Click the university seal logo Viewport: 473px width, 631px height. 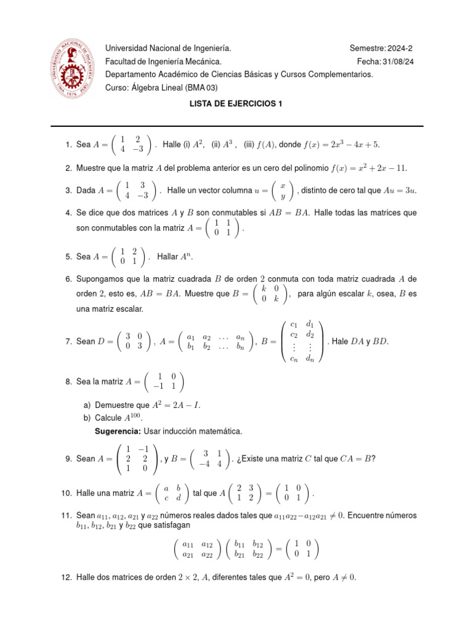coord(73,68)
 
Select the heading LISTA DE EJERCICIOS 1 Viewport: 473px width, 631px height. coord(236,104)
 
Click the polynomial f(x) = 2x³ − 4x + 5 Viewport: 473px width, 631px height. coord(341,144)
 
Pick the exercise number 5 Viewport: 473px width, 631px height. coord(67,256)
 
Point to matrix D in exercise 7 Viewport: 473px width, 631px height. coord(134,341)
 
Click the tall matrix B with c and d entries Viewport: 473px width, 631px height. coord(301,341)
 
